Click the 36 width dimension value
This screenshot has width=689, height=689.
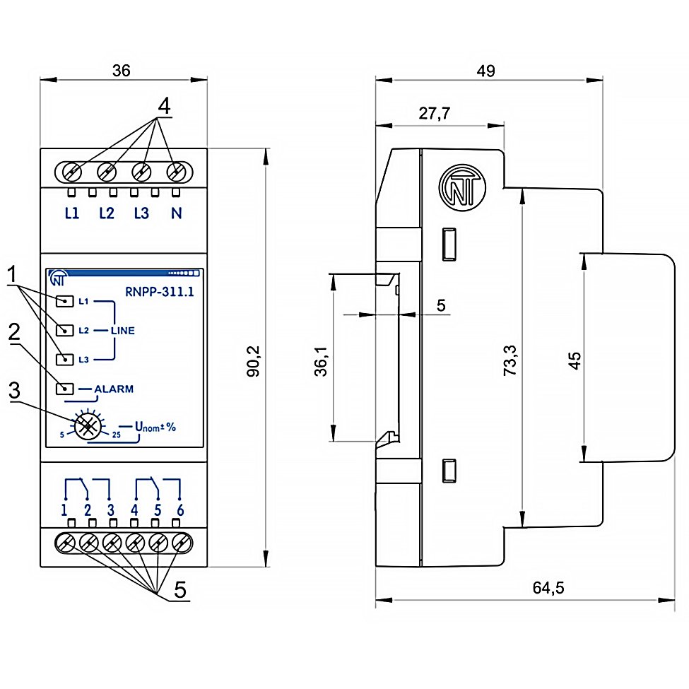[122, 70]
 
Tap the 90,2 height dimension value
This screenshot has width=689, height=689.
[254, 362]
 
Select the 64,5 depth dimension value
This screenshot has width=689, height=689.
[548, 587]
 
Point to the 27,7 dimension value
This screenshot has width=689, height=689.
[434, 113]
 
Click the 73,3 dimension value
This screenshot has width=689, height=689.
[510, 360]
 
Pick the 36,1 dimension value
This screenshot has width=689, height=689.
[322, 361]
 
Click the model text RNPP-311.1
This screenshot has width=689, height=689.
[160, 292]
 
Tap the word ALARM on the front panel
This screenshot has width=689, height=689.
[114, 389]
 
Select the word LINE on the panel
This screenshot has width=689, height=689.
[122, 331]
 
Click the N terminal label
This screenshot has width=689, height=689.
[176, 213]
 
